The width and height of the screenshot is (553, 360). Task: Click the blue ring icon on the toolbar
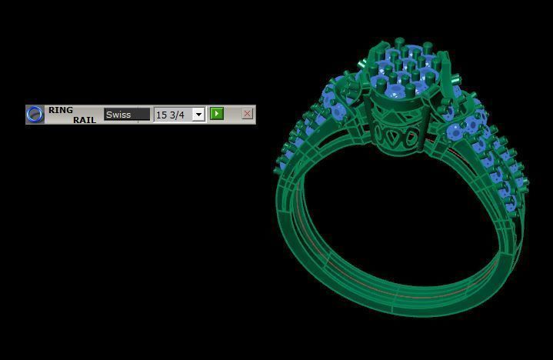(x=35, y=115)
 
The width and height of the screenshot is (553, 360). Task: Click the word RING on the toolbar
(x=61, y=110)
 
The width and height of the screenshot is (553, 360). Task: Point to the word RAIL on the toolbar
(x=85, y=120)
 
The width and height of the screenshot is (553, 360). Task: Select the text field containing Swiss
(x=127, y=115)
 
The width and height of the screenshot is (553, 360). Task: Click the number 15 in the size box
(x=162, y=115)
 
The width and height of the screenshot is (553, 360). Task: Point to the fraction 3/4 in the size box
(x=177, y=115)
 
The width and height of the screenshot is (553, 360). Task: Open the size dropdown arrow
(x=198, y=115)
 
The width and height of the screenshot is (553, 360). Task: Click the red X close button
(x=247, y=114)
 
